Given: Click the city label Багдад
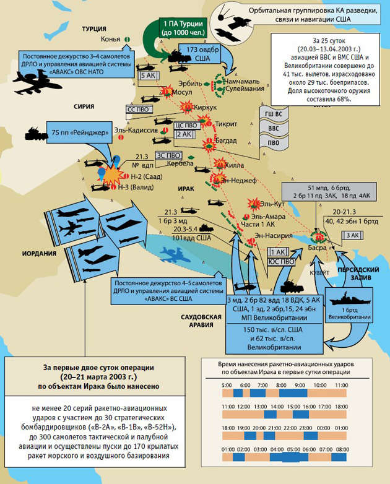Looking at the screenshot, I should pyautogui.click(x=226, y=140).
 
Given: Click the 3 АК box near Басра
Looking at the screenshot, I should pyautogui.click(x=352, y=235).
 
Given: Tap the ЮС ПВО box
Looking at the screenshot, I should pyautogui.click(x=278, y=262).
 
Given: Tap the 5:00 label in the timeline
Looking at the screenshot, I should pyautogui.click(x=227, y=384).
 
